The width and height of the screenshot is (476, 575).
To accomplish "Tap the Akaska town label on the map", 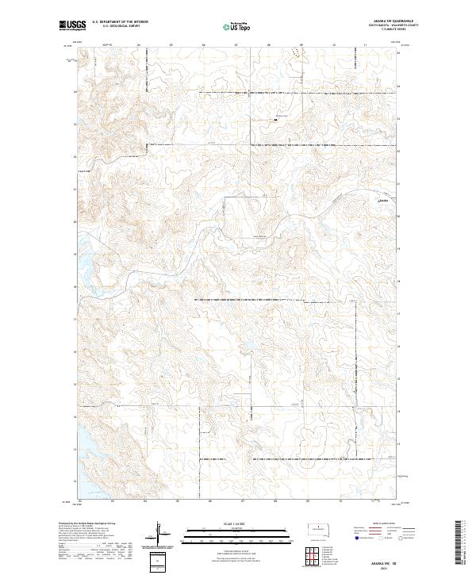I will pyautogui.click(x=384, y=200).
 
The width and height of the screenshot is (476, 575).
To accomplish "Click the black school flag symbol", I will pyautogui.click(x=275, y=119).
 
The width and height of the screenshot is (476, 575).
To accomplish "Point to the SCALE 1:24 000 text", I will pyautogui.click(x=237, y=522).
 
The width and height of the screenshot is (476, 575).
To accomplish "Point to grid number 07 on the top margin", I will pyautogui.click(x=236, y=45).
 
